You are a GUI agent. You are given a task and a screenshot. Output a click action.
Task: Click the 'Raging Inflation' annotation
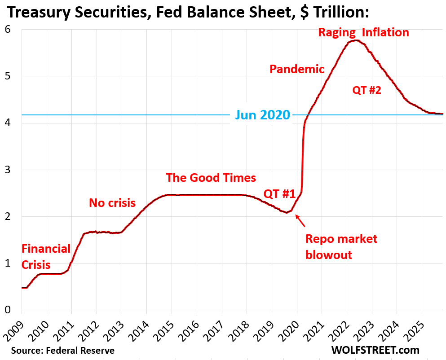pos(363,33)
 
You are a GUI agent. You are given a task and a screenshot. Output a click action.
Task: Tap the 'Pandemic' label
pos(296,69)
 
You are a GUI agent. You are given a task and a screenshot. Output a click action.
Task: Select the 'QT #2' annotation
pos(367,90)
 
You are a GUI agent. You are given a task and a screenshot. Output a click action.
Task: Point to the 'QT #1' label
pos(279,194)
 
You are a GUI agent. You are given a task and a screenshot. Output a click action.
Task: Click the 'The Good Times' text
pos(211,177)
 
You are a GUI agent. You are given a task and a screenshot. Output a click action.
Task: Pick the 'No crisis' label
pos(112,203)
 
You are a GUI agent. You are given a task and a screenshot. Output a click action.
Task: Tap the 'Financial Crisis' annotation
pos(46,256)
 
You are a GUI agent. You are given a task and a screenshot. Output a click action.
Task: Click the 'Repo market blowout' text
pos(341,246)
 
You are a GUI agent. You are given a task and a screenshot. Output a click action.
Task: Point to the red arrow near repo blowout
pos(300,220)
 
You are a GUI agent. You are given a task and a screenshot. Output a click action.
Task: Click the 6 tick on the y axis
pos(8,30)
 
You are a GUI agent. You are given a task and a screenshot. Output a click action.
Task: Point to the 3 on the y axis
pos(8,170)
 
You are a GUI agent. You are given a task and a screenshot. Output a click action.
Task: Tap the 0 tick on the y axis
pos(8,310)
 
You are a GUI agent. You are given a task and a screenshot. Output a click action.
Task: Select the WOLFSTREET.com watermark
pos(375,350)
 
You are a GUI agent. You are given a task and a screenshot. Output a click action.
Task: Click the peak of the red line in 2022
pos(355,40)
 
